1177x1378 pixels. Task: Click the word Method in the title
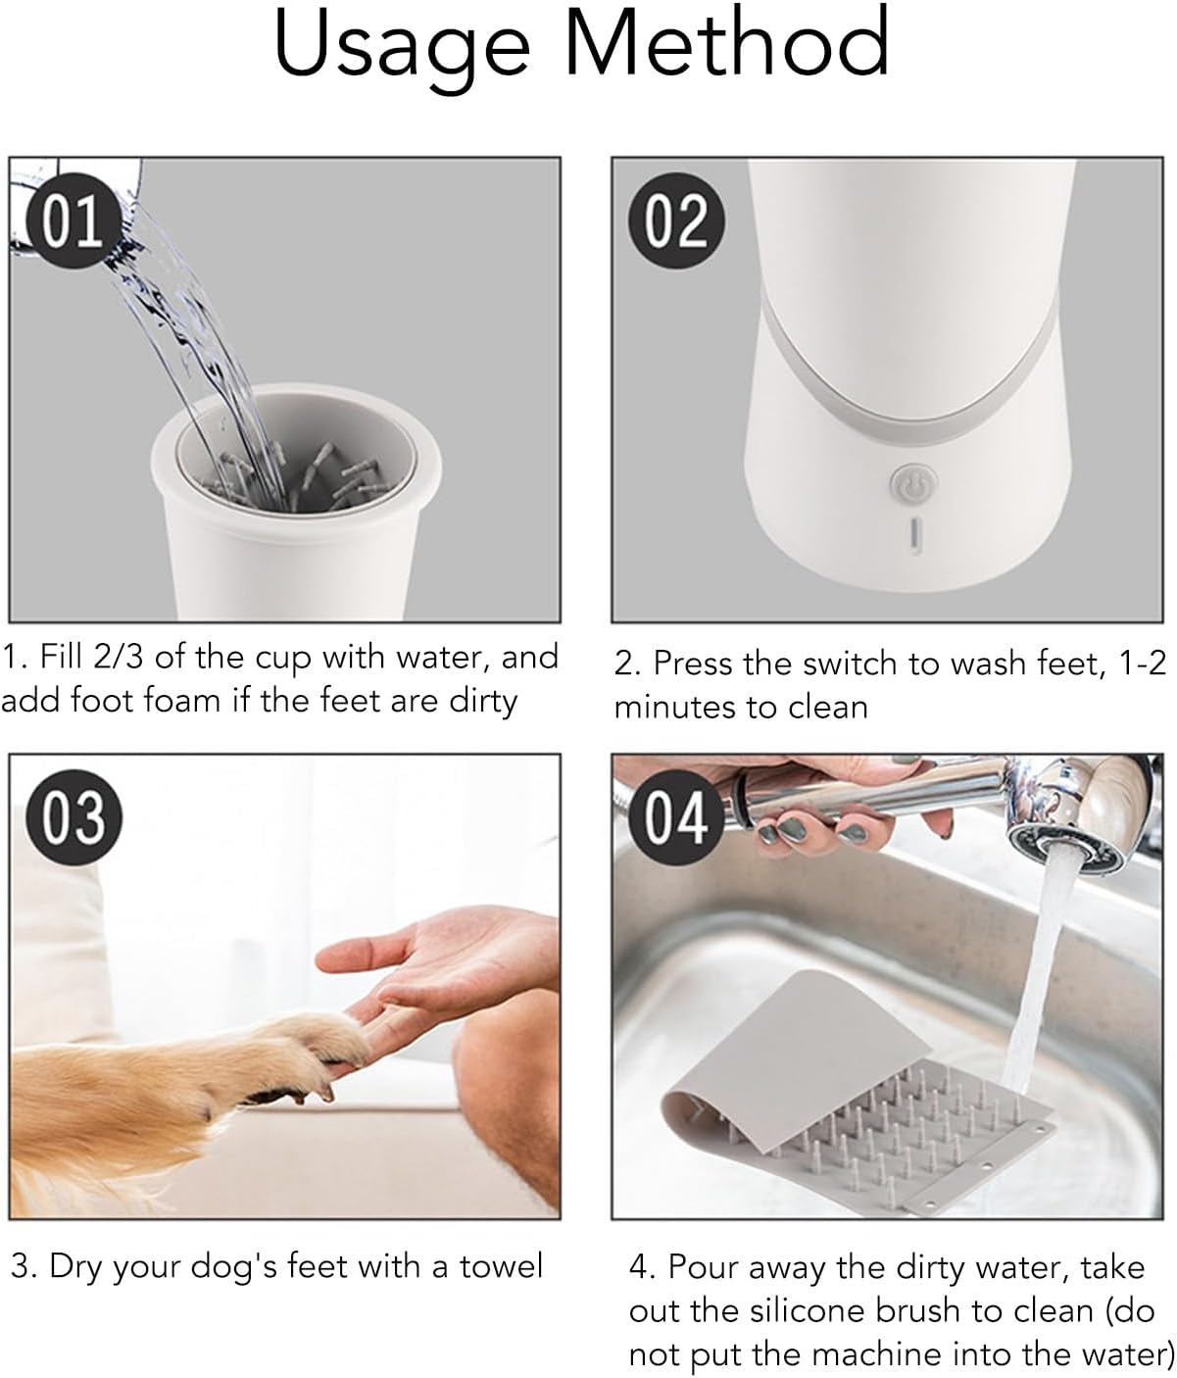(726, 44)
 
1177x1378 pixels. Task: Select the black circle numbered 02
(677, 221)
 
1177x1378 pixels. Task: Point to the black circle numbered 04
(677, 815)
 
